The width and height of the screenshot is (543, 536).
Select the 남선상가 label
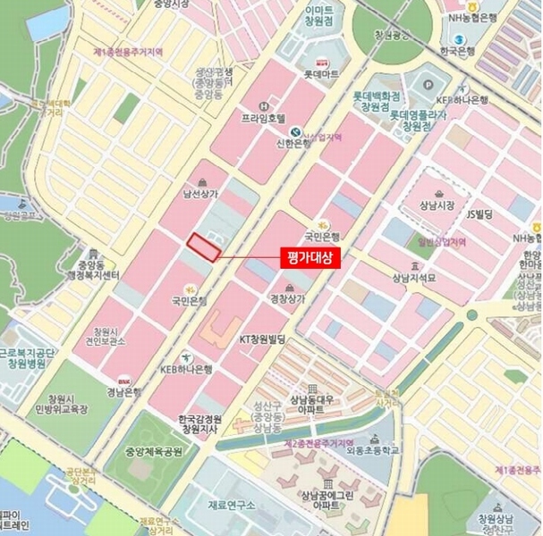tap(200, 191)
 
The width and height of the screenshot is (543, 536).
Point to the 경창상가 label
tap(288, 297)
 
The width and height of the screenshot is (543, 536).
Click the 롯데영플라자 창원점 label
tap(423, 121)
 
